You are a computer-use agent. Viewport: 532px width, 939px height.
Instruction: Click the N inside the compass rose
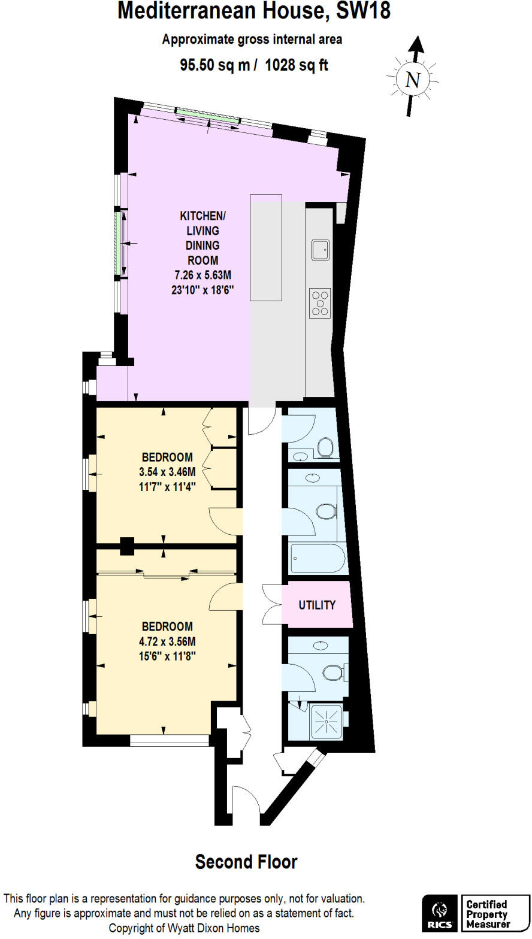[x=412, y=80]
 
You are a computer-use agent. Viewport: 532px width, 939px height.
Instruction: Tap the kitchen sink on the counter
[x=320, y=249]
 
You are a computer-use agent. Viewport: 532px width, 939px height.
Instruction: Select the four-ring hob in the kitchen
[x=320, y=303]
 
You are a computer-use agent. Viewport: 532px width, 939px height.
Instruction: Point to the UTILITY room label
[x=317, y=605]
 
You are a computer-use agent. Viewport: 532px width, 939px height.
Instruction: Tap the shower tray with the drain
[x=327, y=723]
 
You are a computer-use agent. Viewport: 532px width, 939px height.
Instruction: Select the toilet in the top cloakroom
[x=325, y=447]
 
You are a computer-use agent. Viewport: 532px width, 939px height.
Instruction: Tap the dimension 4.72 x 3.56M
[x=167, y=641]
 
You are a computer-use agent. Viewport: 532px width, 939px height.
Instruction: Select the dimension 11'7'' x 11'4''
[x=167, y=486]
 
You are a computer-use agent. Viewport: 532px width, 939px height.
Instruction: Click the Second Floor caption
[x=246, y=862]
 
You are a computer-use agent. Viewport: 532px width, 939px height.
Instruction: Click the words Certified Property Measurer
[x=488, y=914]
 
